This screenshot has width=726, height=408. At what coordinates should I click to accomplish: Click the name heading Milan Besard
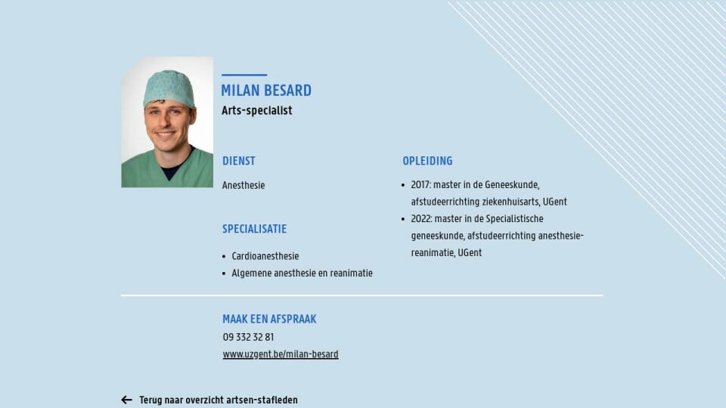266,91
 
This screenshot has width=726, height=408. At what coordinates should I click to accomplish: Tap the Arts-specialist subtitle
257,110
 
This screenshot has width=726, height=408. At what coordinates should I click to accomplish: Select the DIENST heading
239,161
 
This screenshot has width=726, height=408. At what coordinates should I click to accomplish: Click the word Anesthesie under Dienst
244,185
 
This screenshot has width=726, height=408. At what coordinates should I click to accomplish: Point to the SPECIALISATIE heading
255,229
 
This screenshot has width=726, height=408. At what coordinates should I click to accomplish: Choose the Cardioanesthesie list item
265,256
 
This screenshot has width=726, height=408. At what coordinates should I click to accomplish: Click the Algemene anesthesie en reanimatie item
302,273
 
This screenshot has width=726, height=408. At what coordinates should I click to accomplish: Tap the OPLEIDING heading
427,161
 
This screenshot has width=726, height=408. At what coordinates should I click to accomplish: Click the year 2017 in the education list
420,184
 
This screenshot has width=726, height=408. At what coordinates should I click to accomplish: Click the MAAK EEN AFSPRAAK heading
269,319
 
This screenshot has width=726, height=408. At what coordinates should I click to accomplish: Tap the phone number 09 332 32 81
248,337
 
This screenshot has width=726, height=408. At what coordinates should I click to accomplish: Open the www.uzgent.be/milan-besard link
281,354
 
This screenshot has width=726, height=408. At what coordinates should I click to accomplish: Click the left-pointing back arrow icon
126,400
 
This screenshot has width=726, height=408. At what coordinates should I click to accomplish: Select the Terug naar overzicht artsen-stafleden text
219,400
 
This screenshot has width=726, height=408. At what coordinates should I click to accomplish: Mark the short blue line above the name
244,75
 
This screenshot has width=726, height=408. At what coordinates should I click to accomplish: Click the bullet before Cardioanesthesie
224,256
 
